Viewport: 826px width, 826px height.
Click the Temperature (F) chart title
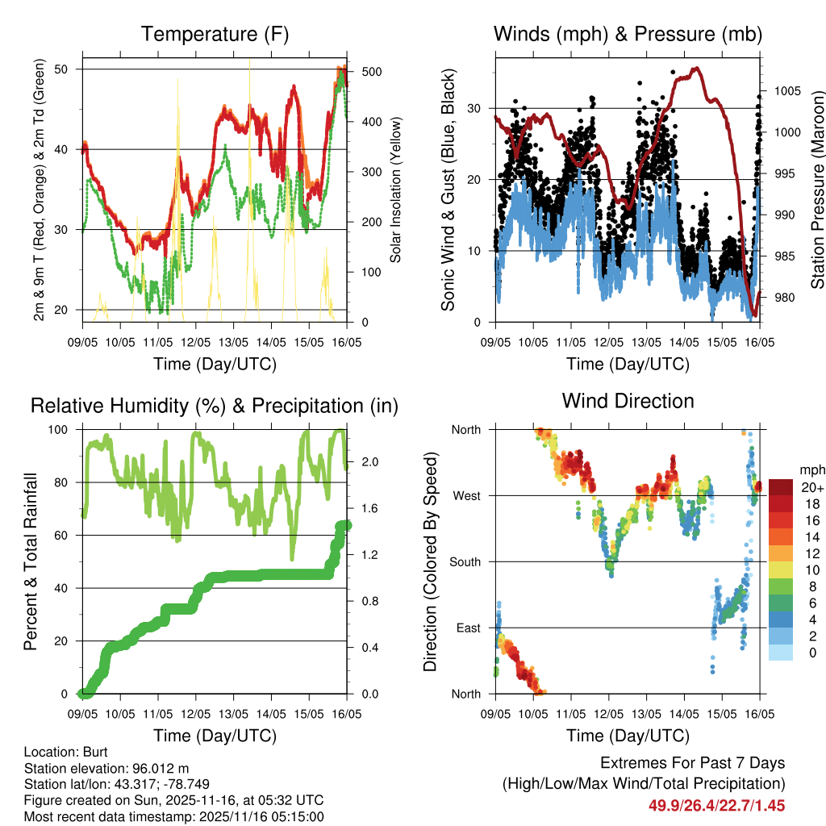pos(215,35)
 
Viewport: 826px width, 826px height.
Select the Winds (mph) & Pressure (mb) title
pos(628,35)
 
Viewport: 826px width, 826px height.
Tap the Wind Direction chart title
pos(628,401)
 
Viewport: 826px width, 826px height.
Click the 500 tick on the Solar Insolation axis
pos(372,71)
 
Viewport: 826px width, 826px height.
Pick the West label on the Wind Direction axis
pos(466,495)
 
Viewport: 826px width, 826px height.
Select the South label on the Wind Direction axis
pos(465,561)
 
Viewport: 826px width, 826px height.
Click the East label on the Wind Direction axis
pos(468,628)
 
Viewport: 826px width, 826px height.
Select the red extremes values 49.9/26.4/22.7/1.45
pos(717,805)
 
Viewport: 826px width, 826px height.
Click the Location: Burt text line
pos(60,752)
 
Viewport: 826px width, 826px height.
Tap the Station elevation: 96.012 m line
pos(106,768)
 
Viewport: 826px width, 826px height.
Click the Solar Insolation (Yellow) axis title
pos(396,190)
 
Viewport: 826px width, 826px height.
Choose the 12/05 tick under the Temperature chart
pos(195,341)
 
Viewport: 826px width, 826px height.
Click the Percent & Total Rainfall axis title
pos(30,561)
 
